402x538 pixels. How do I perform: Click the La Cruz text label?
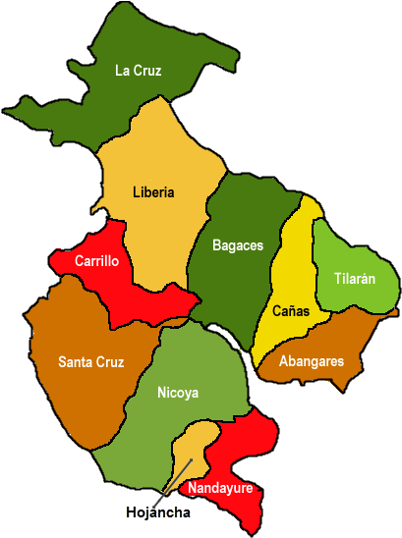point(139,70)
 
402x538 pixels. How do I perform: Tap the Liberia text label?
point(153,192)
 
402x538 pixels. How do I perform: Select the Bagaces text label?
point(238,245)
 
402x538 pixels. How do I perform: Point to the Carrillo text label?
point(97,261)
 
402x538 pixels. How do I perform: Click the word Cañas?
point(291,311)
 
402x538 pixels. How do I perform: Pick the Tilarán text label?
point(354,279)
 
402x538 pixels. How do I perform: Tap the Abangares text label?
point(312,361)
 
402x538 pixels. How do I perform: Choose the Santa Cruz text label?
point(90,362)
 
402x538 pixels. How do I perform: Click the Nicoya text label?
point(178,393)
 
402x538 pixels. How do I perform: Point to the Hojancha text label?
point(158,512)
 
